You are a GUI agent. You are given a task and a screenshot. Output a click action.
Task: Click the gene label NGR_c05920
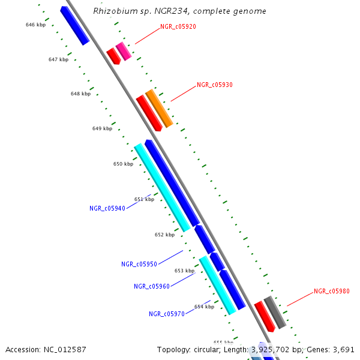(178, 27)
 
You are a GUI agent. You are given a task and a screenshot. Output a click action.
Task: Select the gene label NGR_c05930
(214, 85)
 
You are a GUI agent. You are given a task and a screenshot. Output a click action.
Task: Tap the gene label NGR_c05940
(107, 209)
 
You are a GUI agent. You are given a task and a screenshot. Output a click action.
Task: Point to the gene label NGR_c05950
(139, 264)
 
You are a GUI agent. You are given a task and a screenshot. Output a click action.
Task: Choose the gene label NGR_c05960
(152, 287)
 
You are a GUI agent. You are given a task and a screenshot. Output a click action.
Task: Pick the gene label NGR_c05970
(167, 314)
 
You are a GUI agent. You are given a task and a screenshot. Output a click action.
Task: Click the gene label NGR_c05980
(331, 292)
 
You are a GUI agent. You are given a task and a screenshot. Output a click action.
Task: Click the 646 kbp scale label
(35, 25)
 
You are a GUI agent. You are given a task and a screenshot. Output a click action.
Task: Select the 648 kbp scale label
(80, 94)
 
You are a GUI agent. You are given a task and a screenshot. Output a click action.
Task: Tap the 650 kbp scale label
(123, 164)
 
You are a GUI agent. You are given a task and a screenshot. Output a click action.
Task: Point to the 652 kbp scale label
(164, 235)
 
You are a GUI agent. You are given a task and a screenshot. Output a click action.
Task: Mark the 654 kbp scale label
(204, 307)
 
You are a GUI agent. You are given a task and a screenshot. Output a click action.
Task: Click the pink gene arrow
(124, 51)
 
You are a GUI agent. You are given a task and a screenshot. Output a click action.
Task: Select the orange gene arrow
(159, 108)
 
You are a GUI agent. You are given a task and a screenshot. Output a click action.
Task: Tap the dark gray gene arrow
(275, 312)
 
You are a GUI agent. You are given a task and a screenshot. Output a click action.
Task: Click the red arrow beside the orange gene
(149, 113)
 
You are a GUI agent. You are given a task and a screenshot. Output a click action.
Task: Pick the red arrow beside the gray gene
(264, 316)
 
